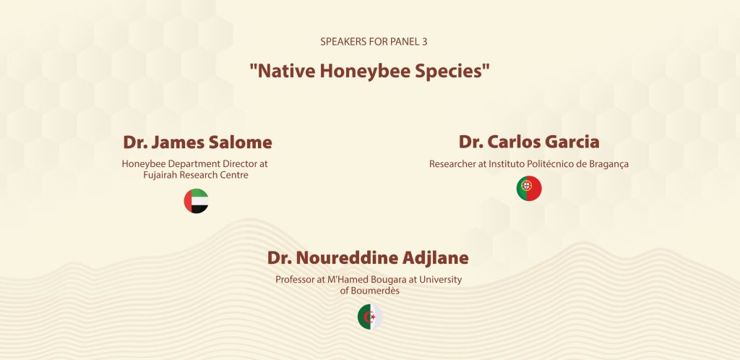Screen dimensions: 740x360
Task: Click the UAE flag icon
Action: coord(196,201)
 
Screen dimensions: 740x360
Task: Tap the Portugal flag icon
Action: coord(529,188)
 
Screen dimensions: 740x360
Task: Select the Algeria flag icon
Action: coord(370,317)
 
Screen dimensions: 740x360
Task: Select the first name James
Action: coord(173,142)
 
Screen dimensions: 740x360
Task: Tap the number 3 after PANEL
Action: coord(425,41)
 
